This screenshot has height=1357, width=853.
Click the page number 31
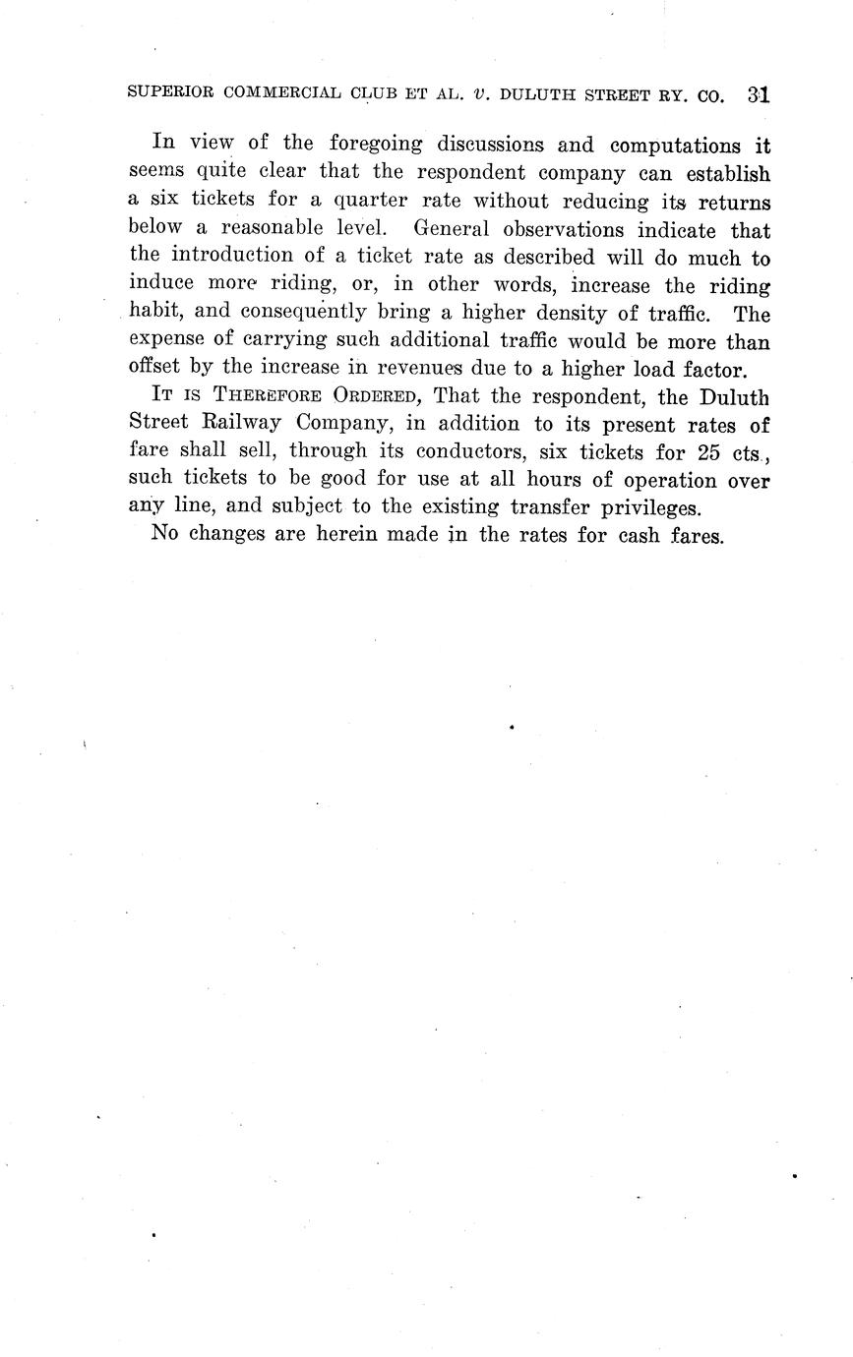click(758, 95)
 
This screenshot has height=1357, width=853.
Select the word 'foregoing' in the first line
click(376, 146)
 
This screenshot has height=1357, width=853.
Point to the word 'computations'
click(675, 146)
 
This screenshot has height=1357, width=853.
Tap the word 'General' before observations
click(450, 230)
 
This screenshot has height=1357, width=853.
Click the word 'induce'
click(160, 285)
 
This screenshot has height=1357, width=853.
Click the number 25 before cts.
click(706, 452)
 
